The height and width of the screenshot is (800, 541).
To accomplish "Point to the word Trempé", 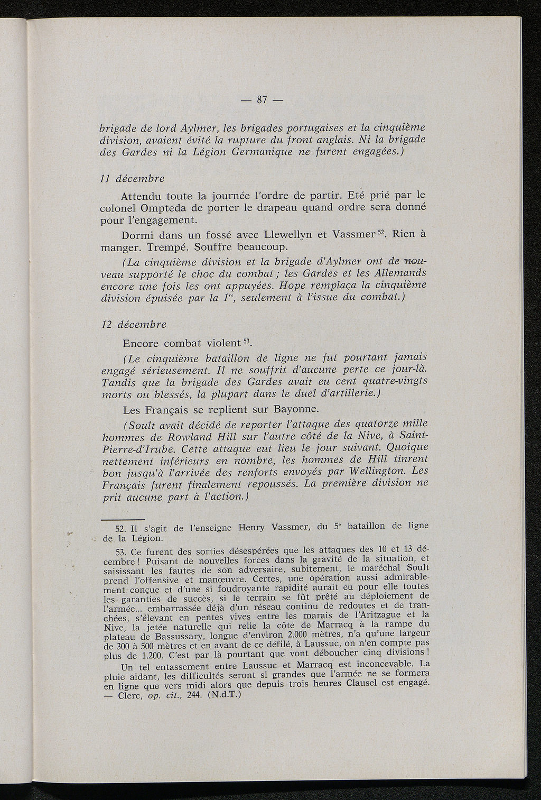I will (168, 247).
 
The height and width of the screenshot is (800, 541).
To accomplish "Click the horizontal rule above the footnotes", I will (122, 519).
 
